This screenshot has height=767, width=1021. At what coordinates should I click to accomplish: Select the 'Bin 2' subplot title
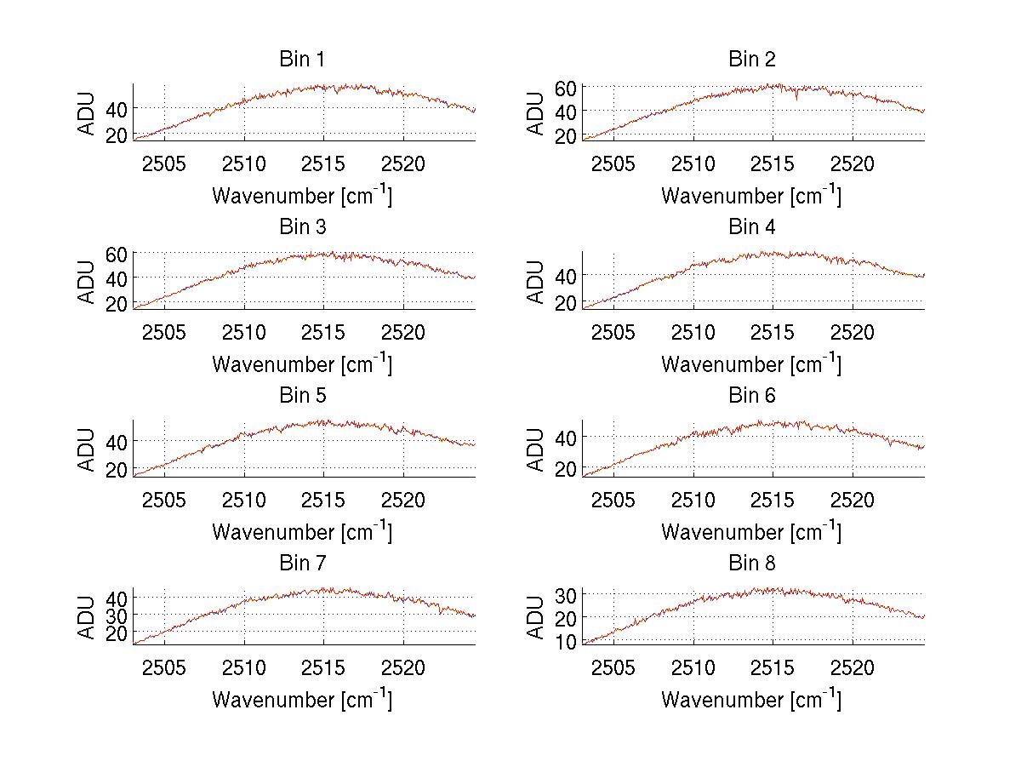pyautogui.click(x=751, y=60)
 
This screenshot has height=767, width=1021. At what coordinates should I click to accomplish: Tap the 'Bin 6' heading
pyautogui.click(x=751, y=396)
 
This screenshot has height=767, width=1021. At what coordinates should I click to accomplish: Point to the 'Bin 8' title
pyautogui.click(x=751, y=564)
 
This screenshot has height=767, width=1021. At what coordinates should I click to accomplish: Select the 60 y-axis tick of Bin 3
pyautogui.click(x=117, y=255)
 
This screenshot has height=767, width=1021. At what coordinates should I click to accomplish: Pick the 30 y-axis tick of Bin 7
pyautogui.click(x=117, y=615)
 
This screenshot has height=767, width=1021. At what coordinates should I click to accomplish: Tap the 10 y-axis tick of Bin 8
pyautogui.click(x=567, y=641)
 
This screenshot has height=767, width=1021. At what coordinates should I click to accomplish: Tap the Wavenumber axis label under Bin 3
pyautogui.click(x=302, y=363)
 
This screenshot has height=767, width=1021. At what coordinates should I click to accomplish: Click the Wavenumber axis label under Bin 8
pyautogui.click(x=751, y=699)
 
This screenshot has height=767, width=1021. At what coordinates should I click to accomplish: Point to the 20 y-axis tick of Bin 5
pyautogui.click(x=117, y=470)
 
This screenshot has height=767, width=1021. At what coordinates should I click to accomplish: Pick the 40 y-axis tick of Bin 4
pyautogui.click(x=567, y=276)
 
